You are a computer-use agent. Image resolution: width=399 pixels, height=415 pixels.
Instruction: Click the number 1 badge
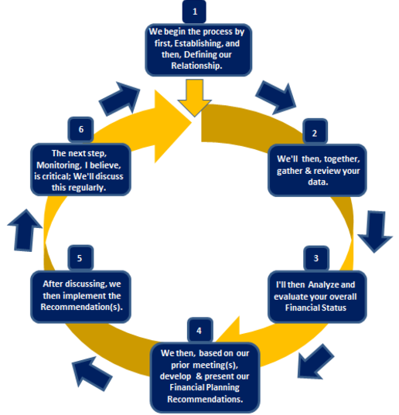(x=194, y=12)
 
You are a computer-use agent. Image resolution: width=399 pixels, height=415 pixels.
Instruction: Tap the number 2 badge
(x=315, y=132)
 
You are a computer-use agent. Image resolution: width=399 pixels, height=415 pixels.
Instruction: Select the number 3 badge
(x=316, y=258)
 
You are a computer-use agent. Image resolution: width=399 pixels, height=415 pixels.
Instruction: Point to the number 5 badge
(x=80, y=258)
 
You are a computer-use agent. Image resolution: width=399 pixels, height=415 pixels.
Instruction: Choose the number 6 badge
(x=80, y=129)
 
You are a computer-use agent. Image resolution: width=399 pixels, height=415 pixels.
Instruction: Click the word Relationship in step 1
(x=196, y=66)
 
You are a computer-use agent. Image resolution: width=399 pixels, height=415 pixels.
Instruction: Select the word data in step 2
(x=318, y=182)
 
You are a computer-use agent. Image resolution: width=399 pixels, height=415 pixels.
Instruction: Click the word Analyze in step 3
(x=323, y=284)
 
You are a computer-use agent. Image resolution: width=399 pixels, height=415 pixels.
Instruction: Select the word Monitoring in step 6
(x=59, y=165)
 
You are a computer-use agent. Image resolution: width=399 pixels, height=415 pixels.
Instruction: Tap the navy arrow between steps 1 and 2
(x=276, y=97)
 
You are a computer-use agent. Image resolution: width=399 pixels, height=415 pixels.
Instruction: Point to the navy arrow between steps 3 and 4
(x=315, y=362)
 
